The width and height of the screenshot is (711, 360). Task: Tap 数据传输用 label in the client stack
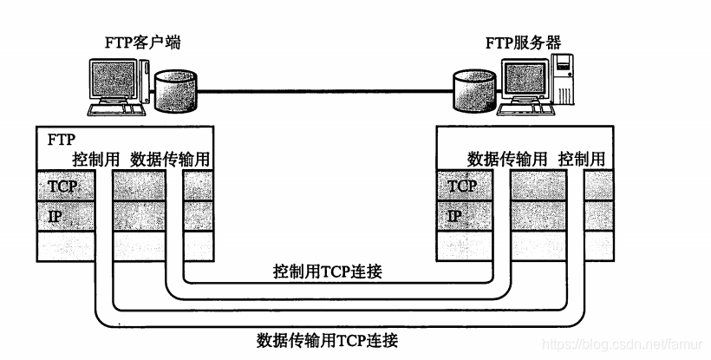coord(169,160)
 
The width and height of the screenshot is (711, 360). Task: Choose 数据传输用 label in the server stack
coord(507,160)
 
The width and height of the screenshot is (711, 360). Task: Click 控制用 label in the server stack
coord(583,160)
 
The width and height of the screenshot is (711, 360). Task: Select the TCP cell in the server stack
coord(461,186)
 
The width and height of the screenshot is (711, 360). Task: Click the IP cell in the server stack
coord(454,216)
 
